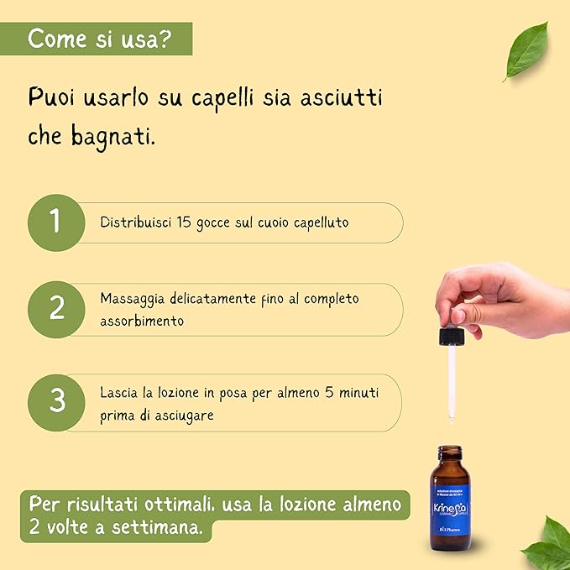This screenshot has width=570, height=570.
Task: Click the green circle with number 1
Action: click(56, 222)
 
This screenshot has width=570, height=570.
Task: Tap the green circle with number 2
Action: click(56, 308)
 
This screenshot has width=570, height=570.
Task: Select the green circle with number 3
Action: click(56, 400)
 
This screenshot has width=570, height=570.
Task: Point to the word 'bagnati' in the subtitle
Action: click(112, 137)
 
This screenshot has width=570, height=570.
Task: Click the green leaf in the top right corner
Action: click(526, 50)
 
